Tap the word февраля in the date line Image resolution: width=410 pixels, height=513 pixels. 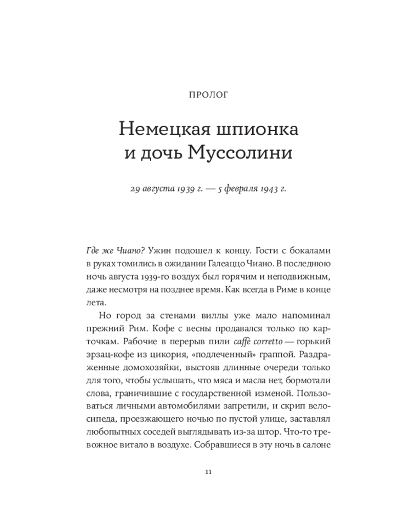coord(233,189)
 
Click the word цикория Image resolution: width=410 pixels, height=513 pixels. coord(172,354)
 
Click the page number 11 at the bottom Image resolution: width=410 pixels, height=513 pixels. coord(207,472)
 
